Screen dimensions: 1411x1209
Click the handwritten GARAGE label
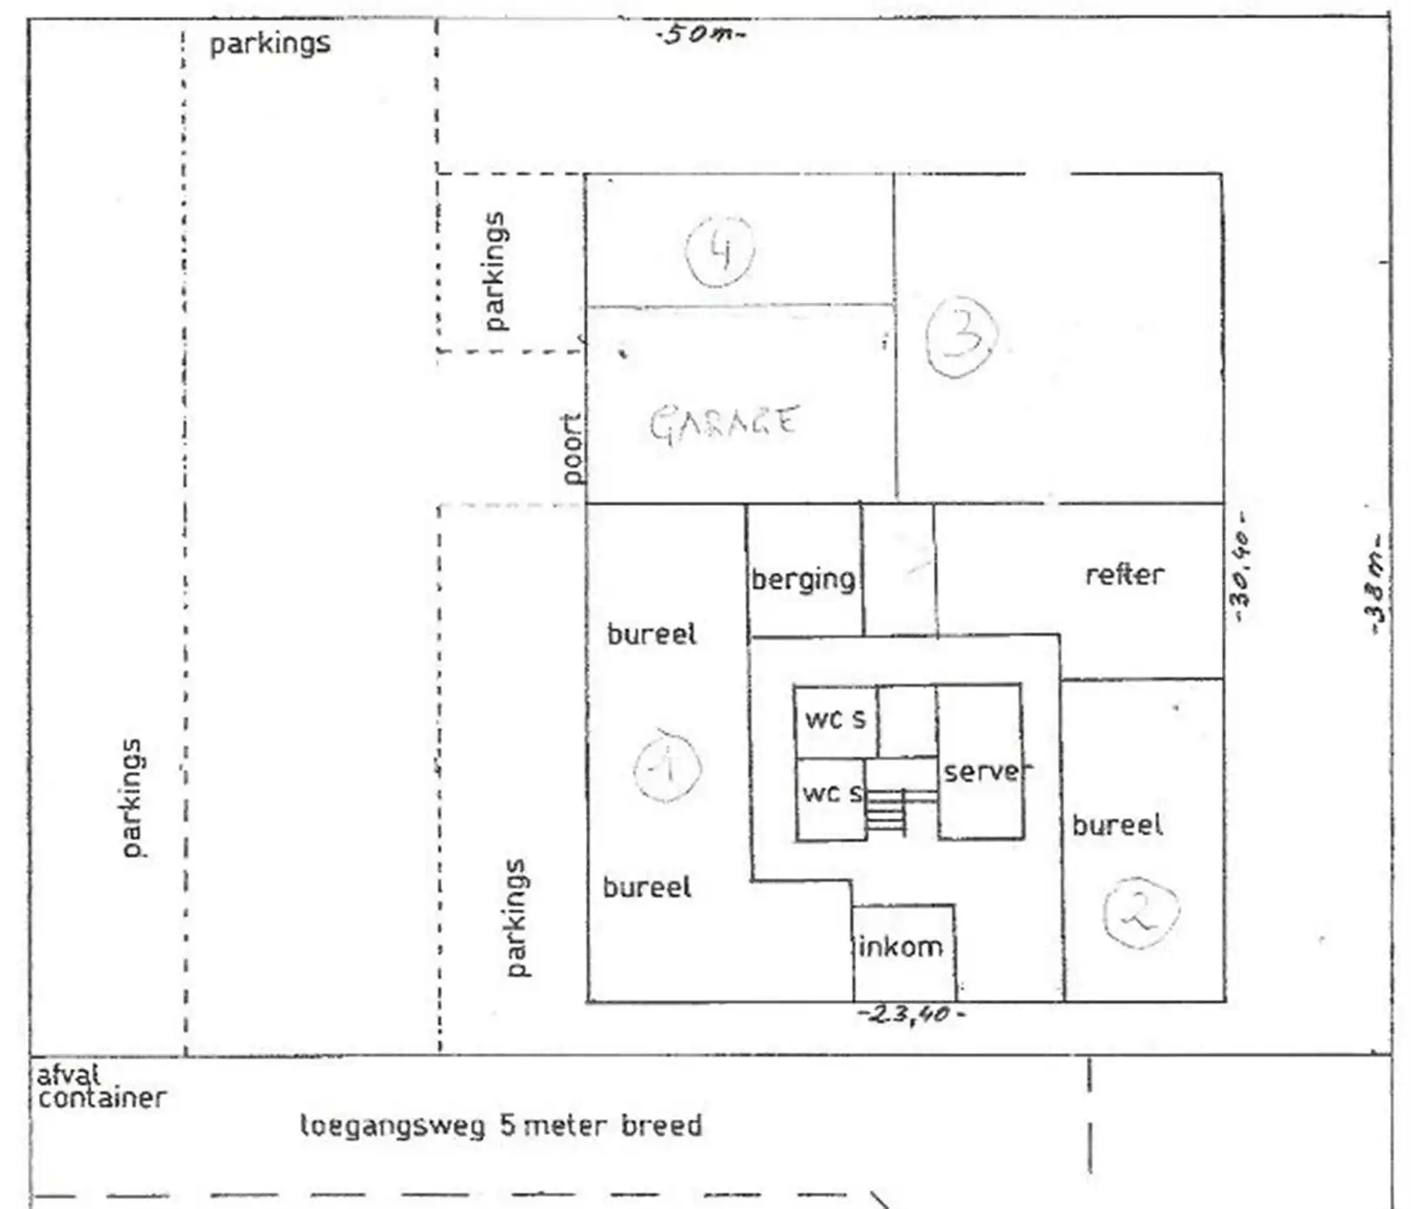[x=723, y=424]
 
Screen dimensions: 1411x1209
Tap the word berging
[x=803, y=580]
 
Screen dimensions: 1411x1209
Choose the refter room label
[x=1124, y=574]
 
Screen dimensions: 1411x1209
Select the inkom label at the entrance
[x=900, y=946]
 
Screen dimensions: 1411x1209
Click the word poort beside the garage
[x=571, y=448]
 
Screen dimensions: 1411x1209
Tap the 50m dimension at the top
[x=701, y=35]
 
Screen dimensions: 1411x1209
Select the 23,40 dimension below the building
[x=911, y=1014]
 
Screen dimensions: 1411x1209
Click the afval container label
[x=101, y=1087]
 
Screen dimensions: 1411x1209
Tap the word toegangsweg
[x=392, y=1126]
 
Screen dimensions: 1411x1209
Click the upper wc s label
[x=835, y=719]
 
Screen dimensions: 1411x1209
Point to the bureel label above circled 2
[x=1117, y=824]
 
